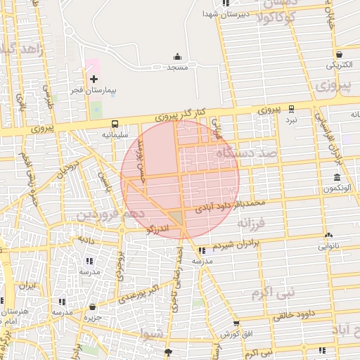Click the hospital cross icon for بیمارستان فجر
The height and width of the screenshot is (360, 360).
(94, 79)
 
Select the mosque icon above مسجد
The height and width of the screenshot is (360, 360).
(176, 56)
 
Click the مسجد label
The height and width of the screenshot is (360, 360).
(176, 67)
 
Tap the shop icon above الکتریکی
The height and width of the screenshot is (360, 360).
(340, 53)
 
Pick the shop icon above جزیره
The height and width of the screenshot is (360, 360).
(93, 307)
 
